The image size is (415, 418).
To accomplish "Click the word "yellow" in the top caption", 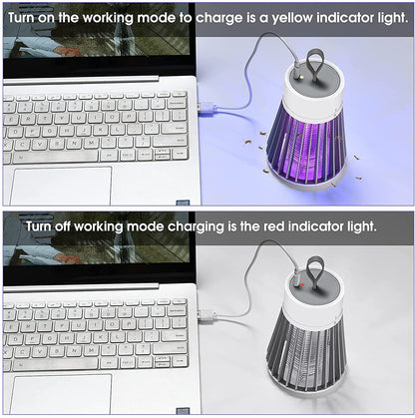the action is (291, 19).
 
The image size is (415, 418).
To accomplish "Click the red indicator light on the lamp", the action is (302, 284).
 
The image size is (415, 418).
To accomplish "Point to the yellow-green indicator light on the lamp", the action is (299, 77).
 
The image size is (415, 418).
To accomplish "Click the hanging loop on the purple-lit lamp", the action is (315, 63).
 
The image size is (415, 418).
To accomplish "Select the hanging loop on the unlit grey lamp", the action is (315, 271).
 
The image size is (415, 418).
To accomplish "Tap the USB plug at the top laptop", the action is (207, 108).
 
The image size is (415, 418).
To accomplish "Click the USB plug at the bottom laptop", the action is (207, 315).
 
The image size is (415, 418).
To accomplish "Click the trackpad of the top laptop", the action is (61, 186).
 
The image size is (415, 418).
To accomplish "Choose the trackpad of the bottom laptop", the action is (62, 394).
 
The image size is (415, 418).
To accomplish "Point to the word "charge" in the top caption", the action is (219, 19).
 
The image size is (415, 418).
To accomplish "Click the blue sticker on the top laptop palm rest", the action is (183, 203).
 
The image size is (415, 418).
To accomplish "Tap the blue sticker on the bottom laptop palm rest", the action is (183, 411).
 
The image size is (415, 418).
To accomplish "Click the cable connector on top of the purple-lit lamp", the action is (296, 72).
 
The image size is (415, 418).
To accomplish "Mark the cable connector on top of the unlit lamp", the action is (295, 277).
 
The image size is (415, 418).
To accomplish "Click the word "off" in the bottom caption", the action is (62, 226).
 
